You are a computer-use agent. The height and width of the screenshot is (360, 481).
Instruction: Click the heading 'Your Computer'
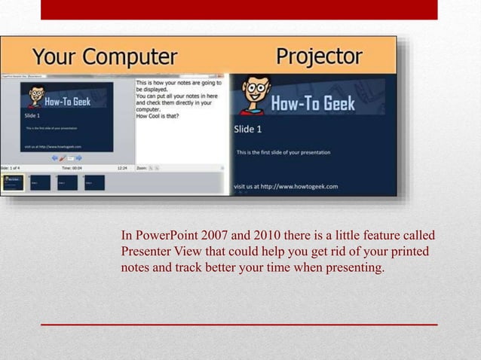click(x=105, y=56)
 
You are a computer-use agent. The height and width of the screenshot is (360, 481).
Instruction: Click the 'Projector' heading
click(x=319, y=56)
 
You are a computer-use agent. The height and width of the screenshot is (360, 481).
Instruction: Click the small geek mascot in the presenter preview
click(x=35, y=96)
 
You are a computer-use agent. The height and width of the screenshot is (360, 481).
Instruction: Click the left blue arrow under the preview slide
click(x=54, y=158)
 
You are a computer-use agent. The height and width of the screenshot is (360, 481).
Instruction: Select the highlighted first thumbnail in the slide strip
click(x=12, y=182)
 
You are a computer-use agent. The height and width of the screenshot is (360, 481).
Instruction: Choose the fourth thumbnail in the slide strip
click(x=94, y=182)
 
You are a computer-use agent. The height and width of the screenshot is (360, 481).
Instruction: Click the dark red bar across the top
click(x=239, y=9)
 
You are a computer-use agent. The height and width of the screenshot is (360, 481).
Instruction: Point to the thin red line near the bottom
click(x=239, y=324)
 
